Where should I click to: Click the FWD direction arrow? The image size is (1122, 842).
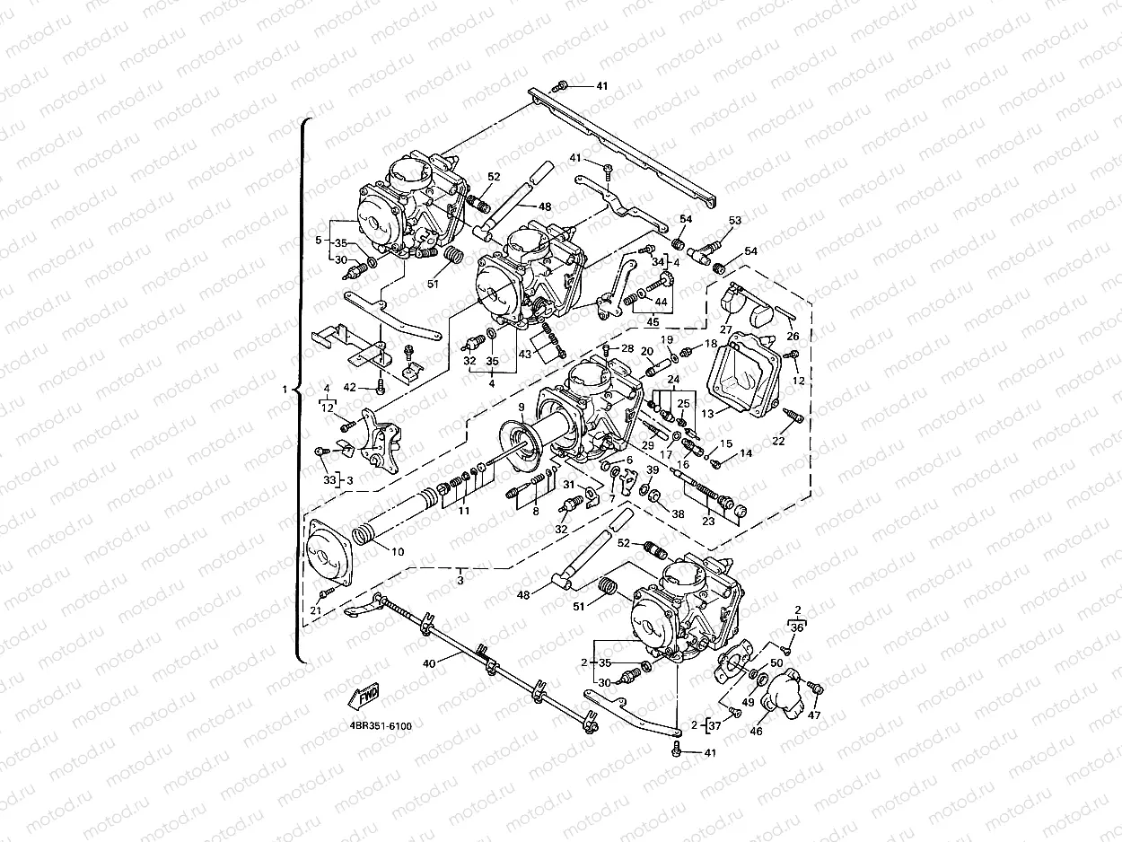[364, 695]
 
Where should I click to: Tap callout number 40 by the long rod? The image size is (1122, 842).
[429, 663]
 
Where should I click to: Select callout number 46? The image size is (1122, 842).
[757, 732]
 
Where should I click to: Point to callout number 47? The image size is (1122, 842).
[814, 715]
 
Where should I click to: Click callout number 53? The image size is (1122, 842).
[735, 221]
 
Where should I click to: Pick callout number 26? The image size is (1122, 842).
[793, 337]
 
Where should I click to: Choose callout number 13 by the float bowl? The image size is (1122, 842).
[707, 414]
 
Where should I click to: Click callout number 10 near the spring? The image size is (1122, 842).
[398, 550]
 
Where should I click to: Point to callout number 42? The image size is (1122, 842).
[350, 388]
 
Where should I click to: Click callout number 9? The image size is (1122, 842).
[522, 407]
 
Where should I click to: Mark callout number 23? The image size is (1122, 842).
[708, 521]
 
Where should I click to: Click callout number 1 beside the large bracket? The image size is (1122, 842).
[285, 390]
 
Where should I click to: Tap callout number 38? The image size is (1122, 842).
[678, 515]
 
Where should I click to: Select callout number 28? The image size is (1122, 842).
[627, 348]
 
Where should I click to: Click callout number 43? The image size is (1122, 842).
[525, 355]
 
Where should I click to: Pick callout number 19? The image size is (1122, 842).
[667, 340]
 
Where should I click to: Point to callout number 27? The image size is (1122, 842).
[725, 330]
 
